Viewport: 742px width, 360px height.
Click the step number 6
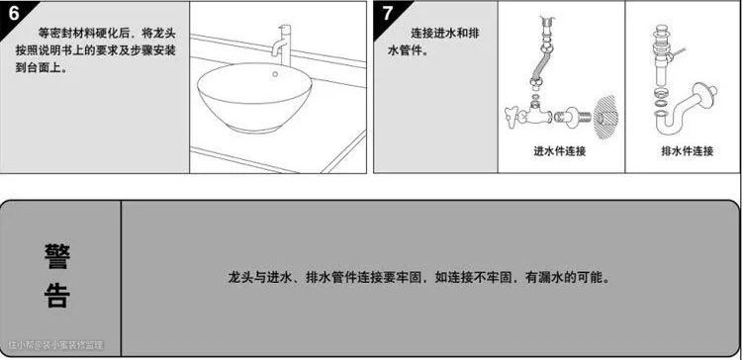[x=14, y=13]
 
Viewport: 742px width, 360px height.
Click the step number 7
[x=388, y=13]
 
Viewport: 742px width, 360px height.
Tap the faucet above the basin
[x=282, y=45]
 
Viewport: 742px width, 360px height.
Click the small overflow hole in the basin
[x=275, y=74]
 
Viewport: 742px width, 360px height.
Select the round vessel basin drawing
[x=254, y=98]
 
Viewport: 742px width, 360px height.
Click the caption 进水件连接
[x=560, y=151]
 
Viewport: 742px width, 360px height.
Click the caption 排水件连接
[x=688, y=151]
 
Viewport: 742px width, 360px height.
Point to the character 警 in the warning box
[x=57, y=257]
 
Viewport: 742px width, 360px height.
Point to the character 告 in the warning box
[x=57, y=295]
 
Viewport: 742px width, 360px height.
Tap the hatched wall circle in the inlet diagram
[x=605, y=118]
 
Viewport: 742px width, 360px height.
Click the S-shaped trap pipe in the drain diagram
[x=683, y=110]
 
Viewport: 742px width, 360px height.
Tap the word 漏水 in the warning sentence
[x=551, y=277]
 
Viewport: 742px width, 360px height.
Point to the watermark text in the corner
[x=55, y=345]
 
